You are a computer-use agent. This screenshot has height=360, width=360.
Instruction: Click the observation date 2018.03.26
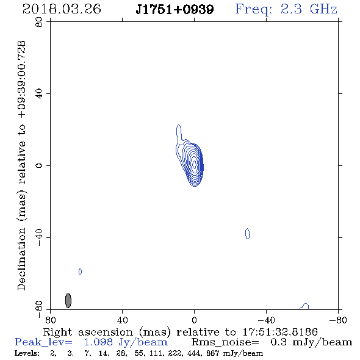click(x=62, y=9)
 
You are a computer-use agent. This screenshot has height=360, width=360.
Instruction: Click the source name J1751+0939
click(x=175, y=10)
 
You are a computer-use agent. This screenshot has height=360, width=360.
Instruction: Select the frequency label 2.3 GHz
click(x=309, y=9)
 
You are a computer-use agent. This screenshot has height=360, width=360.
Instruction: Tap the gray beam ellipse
click(x=68, y=301)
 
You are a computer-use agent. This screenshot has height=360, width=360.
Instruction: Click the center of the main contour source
click(x=194, y=164)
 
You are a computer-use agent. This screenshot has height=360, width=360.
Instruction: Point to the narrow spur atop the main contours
click(x=179, y=132)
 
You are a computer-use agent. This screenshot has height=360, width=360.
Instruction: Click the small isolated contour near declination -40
click(x=247, y=234)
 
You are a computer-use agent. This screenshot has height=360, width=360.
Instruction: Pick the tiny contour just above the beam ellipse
click(x=80, y=272)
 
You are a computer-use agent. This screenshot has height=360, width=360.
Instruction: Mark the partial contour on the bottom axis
click(x=304, y=306)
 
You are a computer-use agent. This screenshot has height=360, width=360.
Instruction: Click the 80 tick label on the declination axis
click(x=39, y=22)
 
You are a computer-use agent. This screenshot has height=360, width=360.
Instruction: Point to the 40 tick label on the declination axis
click(x=39, y=94)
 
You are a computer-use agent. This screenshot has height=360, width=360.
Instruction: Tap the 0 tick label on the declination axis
click(x=39, y=165)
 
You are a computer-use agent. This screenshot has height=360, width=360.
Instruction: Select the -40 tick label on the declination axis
click(x=39, y=237)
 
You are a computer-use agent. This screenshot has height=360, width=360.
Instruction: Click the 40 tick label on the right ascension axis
click(x=122, y=320)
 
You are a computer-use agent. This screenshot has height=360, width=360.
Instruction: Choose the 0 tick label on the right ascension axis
click(x=194, y=320)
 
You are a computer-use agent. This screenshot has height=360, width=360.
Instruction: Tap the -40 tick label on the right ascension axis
click(x=266, y=320)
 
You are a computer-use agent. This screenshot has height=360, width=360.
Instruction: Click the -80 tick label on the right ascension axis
click(x=338, y=320)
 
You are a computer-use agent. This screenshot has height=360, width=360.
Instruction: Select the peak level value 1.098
click(x=98, y=342)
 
